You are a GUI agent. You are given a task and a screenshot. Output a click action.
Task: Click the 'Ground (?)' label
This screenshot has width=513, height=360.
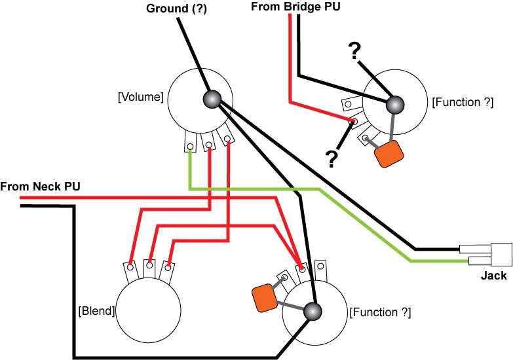[176, 9]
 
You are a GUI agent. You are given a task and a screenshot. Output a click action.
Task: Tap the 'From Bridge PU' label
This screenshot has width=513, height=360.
[295, 7]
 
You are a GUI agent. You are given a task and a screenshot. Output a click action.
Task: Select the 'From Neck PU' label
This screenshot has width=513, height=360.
[40, 187]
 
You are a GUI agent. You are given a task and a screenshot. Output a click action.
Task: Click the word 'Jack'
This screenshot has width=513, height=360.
[494, 276]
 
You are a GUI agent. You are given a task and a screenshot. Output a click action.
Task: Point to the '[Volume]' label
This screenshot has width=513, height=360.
[141, 97]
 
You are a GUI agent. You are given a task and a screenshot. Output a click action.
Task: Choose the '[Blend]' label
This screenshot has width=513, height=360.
[96, 311]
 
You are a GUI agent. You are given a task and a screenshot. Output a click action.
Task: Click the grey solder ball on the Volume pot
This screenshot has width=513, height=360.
[212, 99]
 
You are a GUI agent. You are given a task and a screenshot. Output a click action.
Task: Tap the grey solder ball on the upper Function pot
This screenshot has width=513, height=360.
[395, 105]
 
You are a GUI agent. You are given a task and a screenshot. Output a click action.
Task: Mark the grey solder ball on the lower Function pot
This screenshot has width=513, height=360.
[313, 312]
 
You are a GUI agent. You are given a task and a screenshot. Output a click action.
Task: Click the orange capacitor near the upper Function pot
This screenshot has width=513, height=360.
[389, 154]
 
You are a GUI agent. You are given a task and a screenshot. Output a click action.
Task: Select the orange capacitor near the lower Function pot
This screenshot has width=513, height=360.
[265, 298]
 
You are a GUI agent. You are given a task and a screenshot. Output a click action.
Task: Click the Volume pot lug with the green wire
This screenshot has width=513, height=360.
[190, 141]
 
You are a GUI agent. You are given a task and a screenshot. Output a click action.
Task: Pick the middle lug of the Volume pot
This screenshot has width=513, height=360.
[208, 141]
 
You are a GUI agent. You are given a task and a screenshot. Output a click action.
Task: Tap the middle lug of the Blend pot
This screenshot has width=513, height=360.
[149, 269]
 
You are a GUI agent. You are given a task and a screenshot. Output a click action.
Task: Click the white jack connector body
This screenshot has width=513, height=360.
[502, 255]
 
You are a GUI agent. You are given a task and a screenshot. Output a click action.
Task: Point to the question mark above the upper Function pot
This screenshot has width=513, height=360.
[354, 51]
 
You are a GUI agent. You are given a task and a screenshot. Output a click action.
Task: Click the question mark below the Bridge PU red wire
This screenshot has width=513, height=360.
[331, 159]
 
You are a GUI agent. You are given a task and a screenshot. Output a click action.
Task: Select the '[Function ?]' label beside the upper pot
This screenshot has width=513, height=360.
[463, 102]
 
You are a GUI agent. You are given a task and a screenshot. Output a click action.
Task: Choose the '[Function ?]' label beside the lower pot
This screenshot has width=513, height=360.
[380, 312]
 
